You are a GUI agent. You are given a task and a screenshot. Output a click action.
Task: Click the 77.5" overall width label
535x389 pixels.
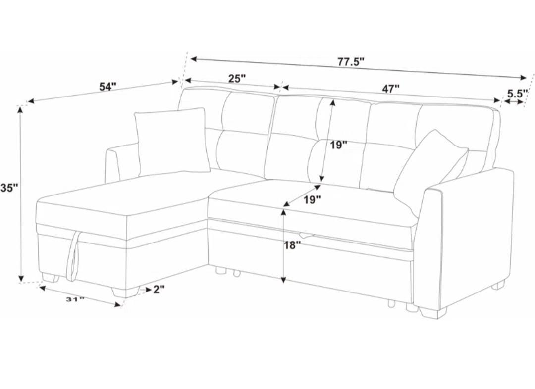click(x=351, y=62)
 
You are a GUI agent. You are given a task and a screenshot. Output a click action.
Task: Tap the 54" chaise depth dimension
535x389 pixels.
click(x=107, y=86)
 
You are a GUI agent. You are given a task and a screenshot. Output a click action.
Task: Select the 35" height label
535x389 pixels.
click(x=9, y=188)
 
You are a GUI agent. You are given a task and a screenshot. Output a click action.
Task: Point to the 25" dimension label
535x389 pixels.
click(x=237, y=78)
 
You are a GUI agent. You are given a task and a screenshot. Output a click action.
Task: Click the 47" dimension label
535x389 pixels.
click(x=390, y=89)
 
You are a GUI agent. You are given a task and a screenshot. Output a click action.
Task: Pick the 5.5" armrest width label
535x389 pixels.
click(x=517, y=93)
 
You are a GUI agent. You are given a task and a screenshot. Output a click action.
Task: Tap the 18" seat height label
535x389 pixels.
click(x=293, y=244)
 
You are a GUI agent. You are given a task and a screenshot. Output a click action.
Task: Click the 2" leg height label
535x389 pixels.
click(x=159, y=289)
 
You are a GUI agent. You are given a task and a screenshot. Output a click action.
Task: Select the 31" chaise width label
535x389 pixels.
click(x=75, y=299)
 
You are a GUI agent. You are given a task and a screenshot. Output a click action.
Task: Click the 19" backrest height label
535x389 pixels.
click(x=339, y=145)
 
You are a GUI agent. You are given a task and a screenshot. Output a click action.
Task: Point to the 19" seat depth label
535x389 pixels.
click(x=312, y=199)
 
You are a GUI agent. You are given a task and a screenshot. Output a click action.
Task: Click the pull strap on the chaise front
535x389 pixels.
click(x=74, y=255)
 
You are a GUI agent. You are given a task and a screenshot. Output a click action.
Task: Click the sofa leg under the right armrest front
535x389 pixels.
click(x=432, y=311)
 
